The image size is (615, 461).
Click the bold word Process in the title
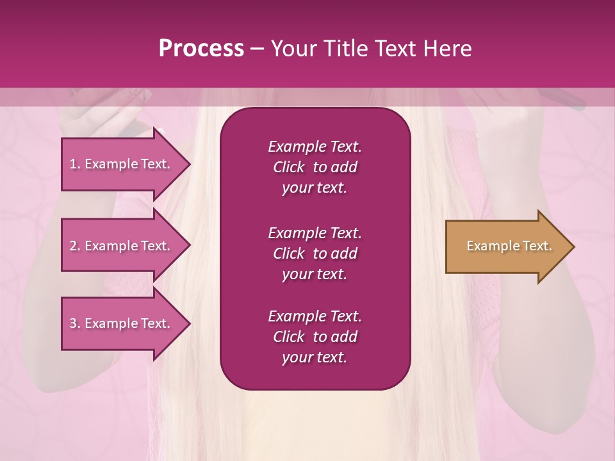pos(201,49)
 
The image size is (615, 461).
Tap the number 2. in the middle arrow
pos(75,246)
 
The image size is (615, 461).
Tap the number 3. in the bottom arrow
pos(75,323)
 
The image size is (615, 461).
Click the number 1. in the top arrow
pos(75,164)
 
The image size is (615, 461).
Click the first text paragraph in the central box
pos(315,167)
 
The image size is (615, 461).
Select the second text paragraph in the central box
pos(315,254)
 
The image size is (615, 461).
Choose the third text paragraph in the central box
pos(315,337)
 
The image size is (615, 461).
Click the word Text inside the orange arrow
pos(537,246)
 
